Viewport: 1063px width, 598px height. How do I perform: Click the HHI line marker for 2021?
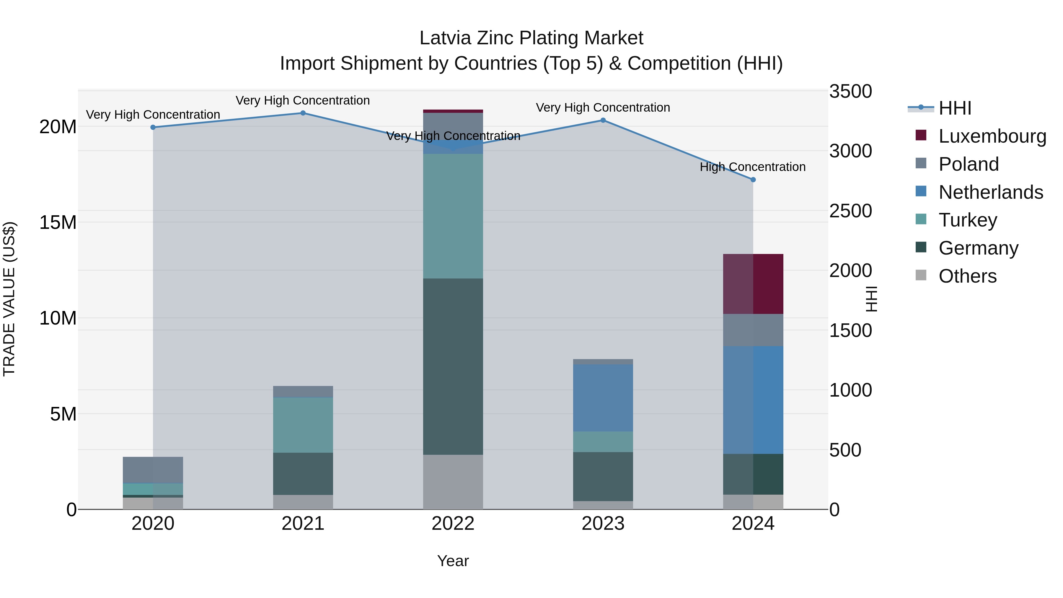(x=303, y=113)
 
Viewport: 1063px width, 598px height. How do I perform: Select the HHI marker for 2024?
(x=753, y=180)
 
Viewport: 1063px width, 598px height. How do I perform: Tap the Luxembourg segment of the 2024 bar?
(x=753, y=284)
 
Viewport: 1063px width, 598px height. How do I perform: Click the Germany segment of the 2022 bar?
(x=453, y=366)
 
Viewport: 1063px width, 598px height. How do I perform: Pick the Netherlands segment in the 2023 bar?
(x=603, y=398)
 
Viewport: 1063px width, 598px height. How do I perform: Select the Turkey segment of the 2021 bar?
(x=303, y=425)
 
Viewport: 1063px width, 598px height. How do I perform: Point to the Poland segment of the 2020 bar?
(x=153, y=470)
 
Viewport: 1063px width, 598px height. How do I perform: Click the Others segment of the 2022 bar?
(x=453, y=482)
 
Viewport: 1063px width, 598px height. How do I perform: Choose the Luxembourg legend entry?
(x=992, y=136)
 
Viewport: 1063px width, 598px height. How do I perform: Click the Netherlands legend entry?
(x=991, y=192)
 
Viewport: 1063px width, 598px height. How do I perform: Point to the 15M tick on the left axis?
(x=58, y=222)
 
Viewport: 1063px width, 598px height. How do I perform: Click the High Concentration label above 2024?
(x=753, y=167)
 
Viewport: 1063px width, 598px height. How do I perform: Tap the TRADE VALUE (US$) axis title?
(x=9, y=299)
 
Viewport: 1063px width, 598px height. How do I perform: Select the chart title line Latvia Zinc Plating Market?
(x=531, y=38)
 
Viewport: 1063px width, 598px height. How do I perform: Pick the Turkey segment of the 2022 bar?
(x=453, y=216)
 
